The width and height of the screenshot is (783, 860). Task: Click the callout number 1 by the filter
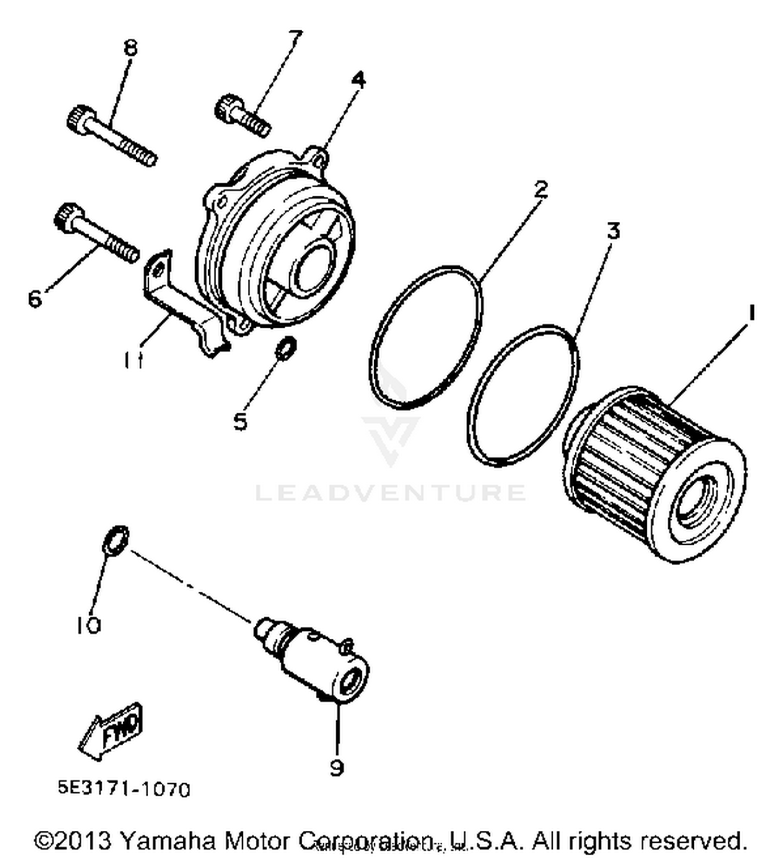tap(751, 313)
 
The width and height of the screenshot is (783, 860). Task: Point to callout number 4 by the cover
tap(358, 79)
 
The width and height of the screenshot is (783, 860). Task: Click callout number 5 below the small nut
tap(240, 421)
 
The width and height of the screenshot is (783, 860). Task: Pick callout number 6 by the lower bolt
tap(34, 298)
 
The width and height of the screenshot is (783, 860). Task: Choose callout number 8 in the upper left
tap(130, 48)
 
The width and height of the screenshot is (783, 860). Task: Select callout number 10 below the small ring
tap(88, 625)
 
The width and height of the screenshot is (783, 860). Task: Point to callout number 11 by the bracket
tap(134, 360)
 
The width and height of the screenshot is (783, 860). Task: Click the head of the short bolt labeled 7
tap(227, 105)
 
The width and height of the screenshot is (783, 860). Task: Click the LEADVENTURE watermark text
tap(390, 492)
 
